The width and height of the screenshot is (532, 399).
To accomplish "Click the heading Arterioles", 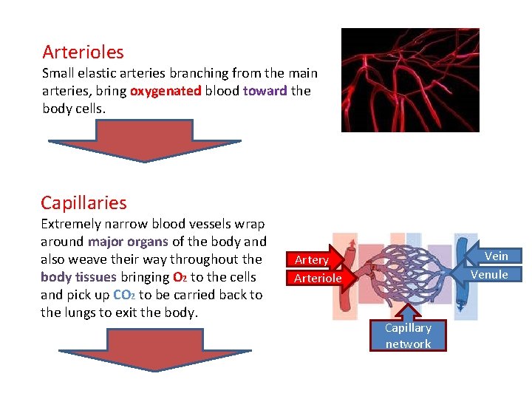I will click(x=83, y=52).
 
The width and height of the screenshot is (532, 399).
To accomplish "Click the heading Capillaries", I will click(x=83, y=203).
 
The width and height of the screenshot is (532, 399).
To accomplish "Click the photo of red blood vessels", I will click(x=409, y=80).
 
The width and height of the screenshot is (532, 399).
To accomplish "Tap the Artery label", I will click(x=312, y=260).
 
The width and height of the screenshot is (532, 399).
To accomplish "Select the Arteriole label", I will click(x=318, y=279).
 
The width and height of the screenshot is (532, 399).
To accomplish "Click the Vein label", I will click(x=496, y=256).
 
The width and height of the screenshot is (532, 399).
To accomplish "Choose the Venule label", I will click(x=489, y=275).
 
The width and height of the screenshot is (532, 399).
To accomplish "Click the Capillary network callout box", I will click(x=408, y=335).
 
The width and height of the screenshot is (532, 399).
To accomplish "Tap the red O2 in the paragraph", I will click(x=179, y=278).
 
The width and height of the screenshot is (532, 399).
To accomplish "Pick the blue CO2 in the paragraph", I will click(x=123, y=296).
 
